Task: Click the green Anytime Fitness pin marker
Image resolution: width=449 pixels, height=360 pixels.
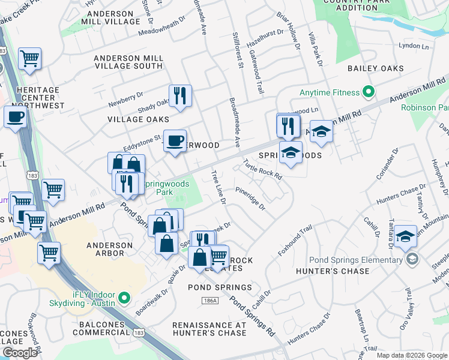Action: coord(369,92)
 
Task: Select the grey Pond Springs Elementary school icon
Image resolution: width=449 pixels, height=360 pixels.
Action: coord(412,259)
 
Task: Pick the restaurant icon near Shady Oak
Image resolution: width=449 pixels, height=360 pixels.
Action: coord(179,95)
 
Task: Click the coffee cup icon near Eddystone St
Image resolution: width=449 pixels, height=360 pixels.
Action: coord(175,141)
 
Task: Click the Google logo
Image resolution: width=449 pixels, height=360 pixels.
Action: coord(20,353)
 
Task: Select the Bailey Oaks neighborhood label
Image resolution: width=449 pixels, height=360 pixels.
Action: coord(376,68)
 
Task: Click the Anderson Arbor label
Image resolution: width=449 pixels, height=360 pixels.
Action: coord(109,249)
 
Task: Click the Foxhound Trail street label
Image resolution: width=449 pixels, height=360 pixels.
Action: coord(295,241)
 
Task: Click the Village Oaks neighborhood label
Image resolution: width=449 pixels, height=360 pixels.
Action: coord(130,119)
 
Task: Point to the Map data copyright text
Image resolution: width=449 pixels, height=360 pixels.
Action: coord(411,355)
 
